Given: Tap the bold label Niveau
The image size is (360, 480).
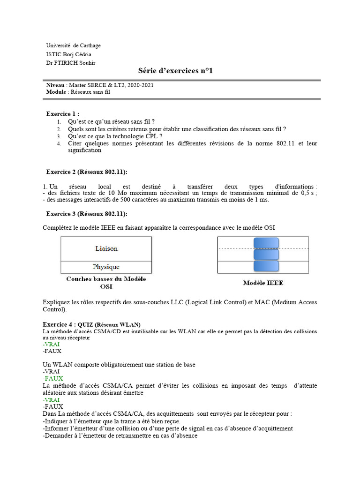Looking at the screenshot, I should (55, 85).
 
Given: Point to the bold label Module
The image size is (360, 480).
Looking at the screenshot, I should (56, 92).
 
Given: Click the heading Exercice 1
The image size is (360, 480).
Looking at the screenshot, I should (62, 114).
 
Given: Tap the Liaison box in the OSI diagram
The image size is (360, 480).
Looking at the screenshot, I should (106, 248).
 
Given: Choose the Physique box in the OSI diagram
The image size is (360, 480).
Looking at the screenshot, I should (106, 267).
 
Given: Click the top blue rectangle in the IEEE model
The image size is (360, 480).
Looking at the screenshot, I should (266, 243).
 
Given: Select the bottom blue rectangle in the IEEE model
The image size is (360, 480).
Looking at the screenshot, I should (266, 266).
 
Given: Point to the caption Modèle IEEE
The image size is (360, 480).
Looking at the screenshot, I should (263, 283).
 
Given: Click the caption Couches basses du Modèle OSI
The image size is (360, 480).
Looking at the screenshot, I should (106, 283).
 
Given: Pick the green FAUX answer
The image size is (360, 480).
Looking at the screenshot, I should (53, 378).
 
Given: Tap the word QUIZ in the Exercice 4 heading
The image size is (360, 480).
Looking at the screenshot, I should (85, 325).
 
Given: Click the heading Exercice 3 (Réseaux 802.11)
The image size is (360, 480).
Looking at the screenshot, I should (86, 214).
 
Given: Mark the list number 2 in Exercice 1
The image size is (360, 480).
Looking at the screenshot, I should (60, 129).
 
